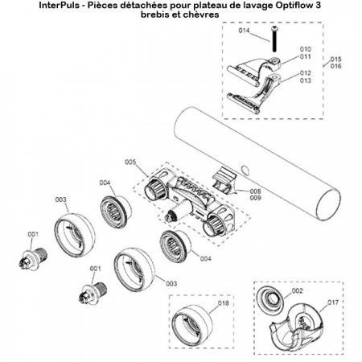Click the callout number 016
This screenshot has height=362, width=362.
(336, 68)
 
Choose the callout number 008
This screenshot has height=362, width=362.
(256, 191)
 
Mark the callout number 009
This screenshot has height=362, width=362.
(256, 198)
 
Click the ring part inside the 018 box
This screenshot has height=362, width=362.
(197, 323)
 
